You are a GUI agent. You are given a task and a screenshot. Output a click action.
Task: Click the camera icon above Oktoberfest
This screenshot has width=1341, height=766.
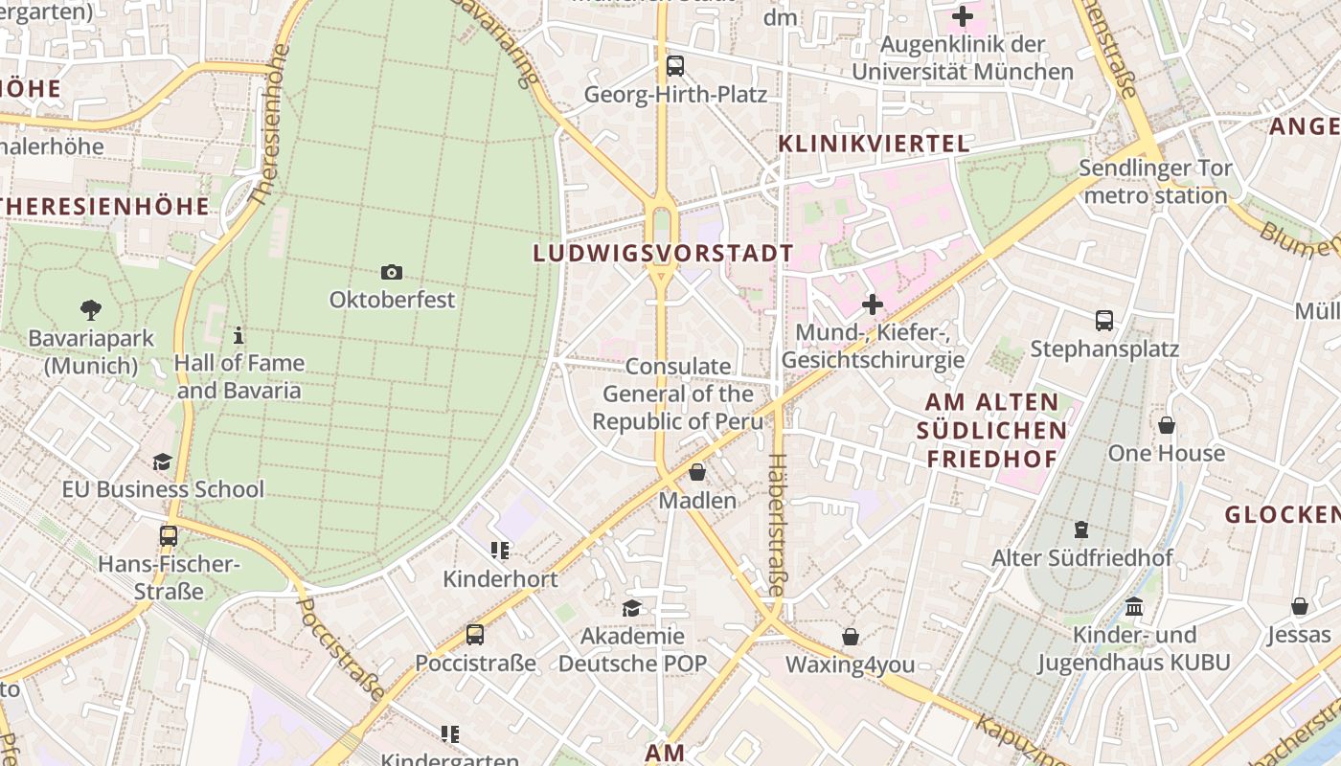[x=391, y=273]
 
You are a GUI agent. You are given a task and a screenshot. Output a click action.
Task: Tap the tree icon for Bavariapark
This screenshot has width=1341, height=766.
[x=92, y=310]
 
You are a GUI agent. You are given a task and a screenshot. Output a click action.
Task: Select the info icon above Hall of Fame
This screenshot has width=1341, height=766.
[x=239, y=335]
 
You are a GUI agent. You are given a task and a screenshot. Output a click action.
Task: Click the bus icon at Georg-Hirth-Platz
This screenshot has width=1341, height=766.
[x=675, y=66]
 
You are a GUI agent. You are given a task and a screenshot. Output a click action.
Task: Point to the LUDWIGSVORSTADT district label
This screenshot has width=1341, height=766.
[x=663, y=254]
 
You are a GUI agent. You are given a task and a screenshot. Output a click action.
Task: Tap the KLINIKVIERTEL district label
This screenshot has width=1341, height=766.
[x=874, y=144]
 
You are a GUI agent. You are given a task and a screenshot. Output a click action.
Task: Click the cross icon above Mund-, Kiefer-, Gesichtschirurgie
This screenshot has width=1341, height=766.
[x=873, y=305]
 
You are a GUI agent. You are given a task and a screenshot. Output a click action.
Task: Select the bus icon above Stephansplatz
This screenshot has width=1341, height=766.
[x=1104, y=321]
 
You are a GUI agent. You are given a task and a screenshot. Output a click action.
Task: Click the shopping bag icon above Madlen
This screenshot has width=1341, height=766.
[x=697, y=472]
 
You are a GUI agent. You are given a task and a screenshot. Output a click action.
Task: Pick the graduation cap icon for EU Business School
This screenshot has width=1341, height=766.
[x=162, y=462]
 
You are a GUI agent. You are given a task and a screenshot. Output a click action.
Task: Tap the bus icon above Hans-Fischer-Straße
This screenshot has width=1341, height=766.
[x=169, y=536]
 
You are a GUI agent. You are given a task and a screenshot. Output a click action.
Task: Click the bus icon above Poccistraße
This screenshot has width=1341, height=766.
[x=475, y=634]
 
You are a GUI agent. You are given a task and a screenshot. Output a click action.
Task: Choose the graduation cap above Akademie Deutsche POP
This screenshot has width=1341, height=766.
[x=631, y=608]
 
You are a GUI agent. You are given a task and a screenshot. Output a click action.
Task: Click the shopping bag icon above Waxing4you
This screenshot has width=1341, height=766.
[x=850, y=637]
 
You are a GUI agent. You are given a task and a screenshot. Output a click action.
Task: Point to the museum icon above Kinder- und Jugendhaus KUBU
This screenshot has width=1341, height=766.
[x=1135, y=607]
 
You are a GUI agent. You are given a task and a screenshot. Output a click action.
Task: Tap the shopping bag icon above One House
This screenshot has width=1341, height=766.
[x=1167, y=425]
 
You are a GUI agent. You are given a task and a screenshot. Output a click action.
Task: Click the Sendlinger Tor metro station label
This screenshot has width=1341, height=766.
[x=1155, y=182]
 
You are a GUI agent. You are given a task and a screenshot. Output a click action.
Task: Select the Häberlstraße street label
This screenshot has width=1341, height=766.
[x=776, y=524]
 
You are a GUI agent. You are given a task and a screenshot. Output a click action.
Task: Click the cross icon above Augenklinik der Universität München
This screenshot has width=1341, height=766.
[x=963, y=16]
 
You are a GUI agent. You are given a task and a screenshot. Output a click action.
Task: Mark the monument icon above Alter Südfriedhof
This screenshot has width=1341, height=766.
[x=1081, y=529]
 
